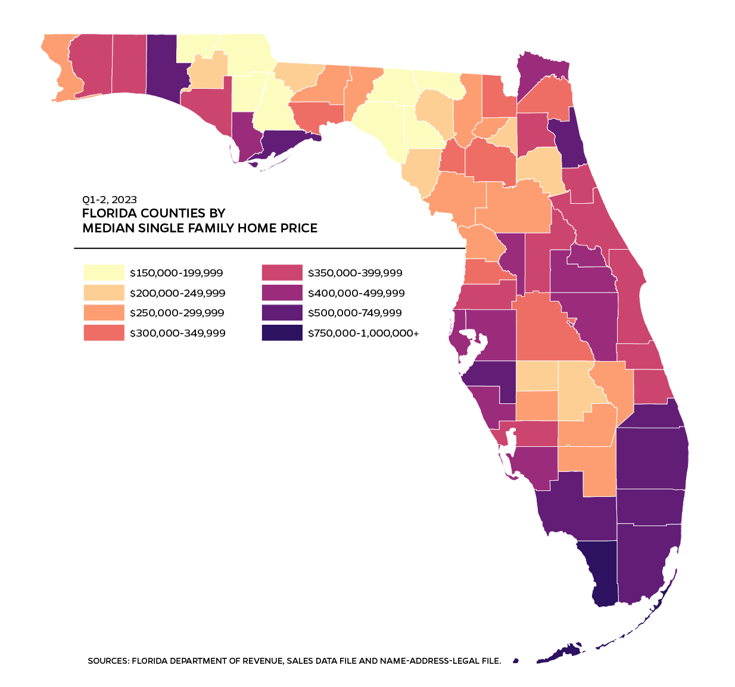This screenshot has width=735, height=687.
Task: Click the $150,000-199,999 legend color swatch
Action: (104, 273)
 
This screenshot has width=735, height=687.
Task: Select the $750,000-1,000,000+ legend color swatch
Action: (282, 333)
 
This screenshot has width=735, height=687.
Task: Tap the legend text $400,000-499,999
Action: (356, 293)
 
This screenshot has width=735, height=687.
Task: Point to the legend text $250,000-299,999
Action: (177, 313)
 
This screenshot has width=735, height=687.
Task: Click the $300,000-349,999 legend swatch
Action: (104, 333)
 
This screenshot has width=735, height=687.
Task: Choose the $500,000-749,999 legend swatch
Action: (282, 313)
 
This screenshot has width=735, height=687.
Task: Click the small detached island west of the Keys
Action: (516, 660)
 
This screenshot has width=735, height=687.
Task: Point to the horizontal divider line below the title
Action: (268, 248)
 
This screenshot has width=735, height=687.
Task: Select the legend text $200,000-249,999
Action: (177, 293)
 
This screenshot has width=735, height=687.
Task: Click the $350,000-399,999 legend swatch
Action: (282, 273)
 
